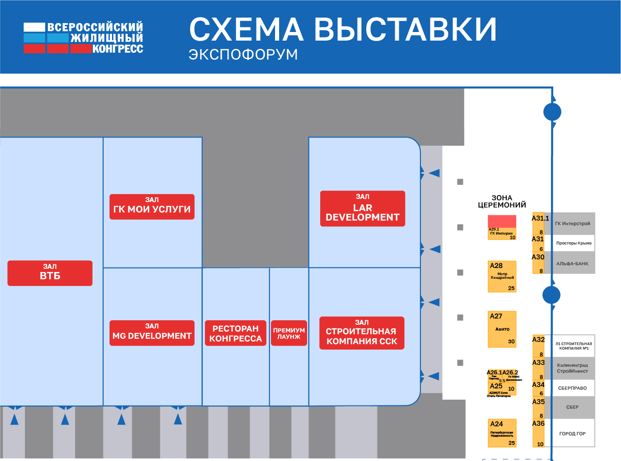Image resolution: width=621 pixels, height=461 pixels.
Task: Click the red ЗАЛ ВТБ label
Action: tap(50, 273)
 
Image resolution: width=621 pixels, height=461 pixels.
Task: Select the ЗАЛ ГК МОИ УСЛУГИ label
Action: tap(152, 207)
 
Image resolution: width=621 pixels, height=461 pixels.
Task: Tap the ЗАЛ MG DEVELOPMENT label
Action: tap(152, 333)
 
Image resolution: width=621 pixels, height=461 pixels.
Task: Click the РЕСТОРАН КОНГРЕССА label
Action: tap(235, 333)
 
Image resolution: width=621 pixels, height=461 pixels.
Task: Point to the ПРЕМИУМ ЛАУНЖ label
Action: tap(289, 333)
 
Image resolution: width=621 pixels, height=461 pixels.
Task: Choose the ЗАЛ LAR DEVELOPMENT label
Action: tap(363, 208)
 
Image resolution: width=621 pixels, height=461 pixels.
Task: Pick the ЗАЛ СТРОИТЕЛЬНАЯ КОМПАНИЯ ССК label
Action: tap(362, 333)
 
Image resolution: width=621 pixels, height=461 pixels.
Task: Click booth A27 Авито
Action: tap(502, 329)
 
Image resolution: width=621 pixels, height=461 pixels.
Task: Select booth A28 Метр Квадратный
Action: tap(502, 276)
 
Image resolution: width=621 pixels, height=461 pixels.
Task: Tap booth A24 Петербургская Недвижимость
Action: tap(502, 433)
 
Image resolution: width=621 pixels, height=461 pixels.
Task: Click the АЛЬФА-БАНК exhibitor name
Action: tap(572, 264)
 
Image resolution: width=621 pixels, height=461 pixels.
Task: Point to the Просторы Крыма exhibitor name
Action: tap(574, 243)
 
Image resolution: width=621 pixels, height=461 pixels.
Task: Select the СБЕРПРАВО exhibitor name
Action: tap(572, 388)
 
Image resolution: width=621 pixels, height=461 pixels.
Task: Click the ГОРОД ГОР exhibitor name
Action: tap(572, 433)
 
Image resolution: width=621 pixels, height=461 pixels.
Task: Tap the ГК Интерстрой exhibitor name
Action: tap(572, 224)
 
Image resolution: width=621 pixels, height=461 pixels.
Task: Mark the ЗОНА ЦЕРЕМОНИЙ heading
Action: tap(502, 201)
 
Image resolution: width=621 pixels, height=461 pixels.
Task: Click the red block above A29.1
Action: tap(502, 221)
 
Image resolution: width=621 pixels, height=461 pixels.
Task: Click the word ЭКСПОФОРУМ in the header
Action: tap(243, 55)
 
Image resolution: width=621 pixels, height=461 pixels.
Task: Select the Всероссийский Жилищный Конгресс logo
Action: tap(84, 37)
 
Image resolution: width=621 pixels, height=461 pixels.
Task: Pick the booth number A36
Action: tap(538, 424)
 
